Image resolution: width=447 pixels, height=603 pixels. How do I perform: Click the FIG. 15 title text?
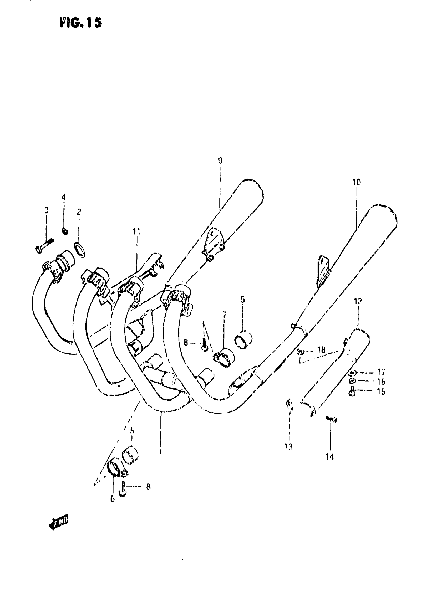[81, 23]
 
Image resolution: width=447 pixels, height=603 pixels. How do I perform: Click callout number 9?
[220, 161]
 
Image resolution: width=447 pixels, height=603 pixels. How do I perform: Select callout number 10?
[357, 182]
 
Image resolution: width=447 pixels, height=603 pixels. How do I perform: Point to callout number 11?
[136, 231]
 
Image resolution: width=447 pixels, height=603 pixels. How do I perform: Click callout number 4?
[64, 197]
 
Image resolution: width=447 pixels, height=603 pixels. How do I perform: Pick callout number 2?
[79, 212]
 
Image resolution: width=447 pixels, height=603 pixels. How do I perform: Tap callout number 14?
[329, 457]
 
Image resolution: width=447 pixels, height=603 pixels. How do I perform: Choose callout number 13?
[288, 446]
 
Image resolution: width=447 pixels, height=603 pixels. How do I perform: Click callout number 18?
[321, 350]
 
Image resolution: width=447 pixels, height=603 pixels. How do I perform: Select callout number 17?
[381, 372]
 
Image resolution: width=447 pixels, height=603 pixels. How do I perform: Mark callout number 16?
[381, 382]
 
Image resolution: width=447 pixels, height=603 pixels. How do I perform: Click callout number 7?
[224, 315]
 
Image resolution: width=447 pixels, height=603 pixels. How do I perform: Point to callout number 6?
[113, 499]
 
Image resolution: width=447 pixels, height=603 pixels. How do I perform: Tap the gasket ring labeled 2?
[80, 250]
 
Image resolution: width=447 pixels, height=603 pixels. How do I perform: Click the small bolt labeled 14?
[332, 419]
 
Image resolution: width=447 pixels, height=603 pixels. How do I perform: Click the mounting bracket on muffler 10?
[323, 270]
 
